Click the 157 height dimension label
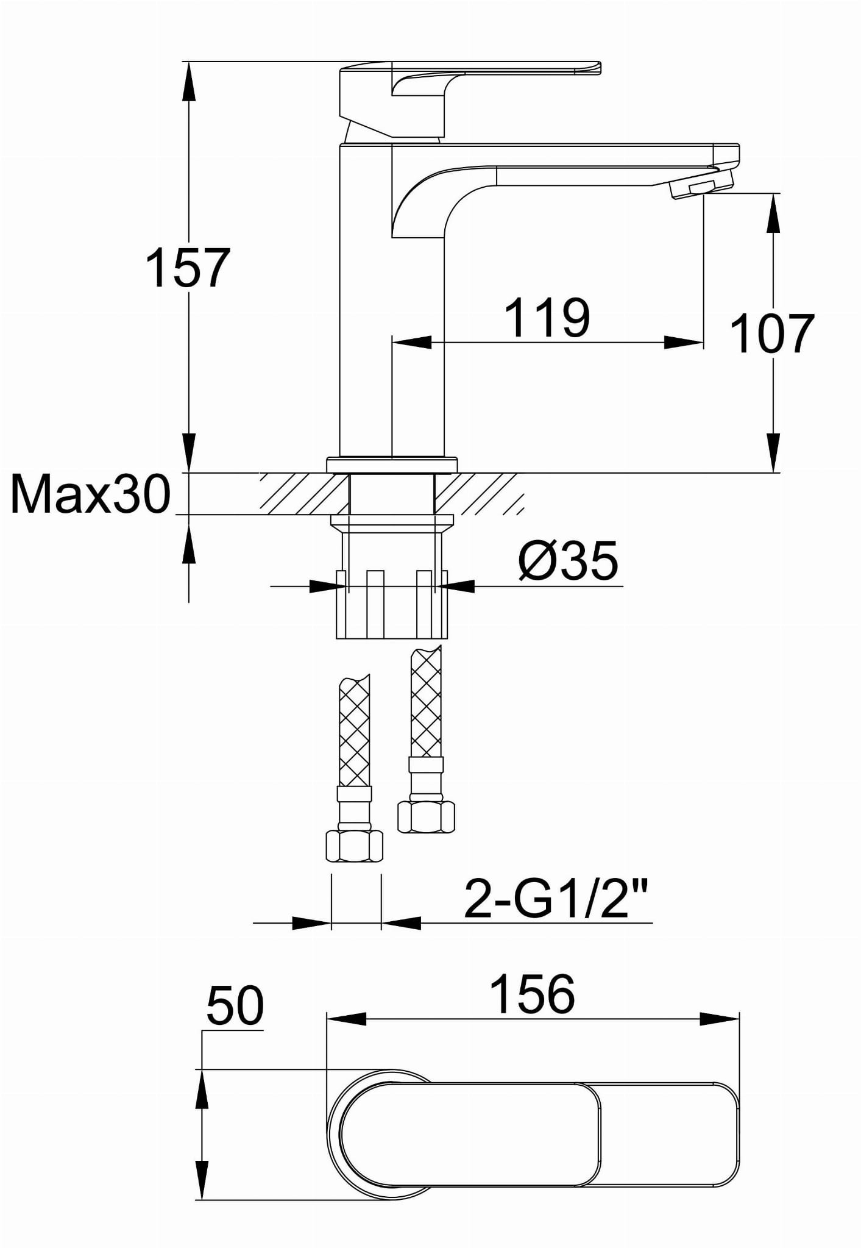pyautogui.click(x=188, y=268)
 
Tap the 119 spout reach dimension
pyautogui.click(x=547, y=318)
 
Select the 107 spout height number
pyautogui.click(x=771, y=333)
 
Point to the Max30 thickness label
pyautogui.click(x=91, y=494)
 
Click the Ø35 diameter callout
pyautogui.click(x=568, y=561)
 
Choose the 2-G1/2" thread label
pyautogui.click(x=555, y=899)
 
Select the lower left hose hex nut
pyautogui.click(x=355, y=845)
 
